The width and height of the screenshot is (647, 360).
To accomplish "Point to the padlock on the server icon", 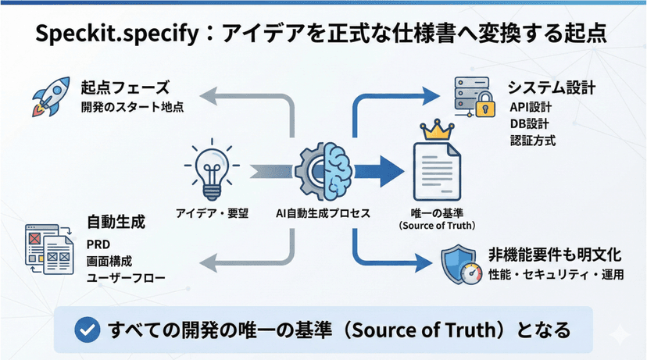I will pyautogui.click(x=485, y=104).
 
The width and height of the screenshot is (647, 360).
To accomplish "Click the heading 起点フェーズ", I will pyautogui.click(x=125, y=87).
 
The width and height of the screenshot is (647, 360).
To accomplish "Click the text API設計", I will pyautogui.click(x=529, y=107).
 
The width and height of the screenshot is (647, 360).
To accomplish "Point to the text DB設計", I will pyautogui.click(x=528, y=123).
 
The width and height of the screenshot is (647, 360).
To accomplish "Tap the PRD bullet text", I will pyautogui.click(x=98, y=245).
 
